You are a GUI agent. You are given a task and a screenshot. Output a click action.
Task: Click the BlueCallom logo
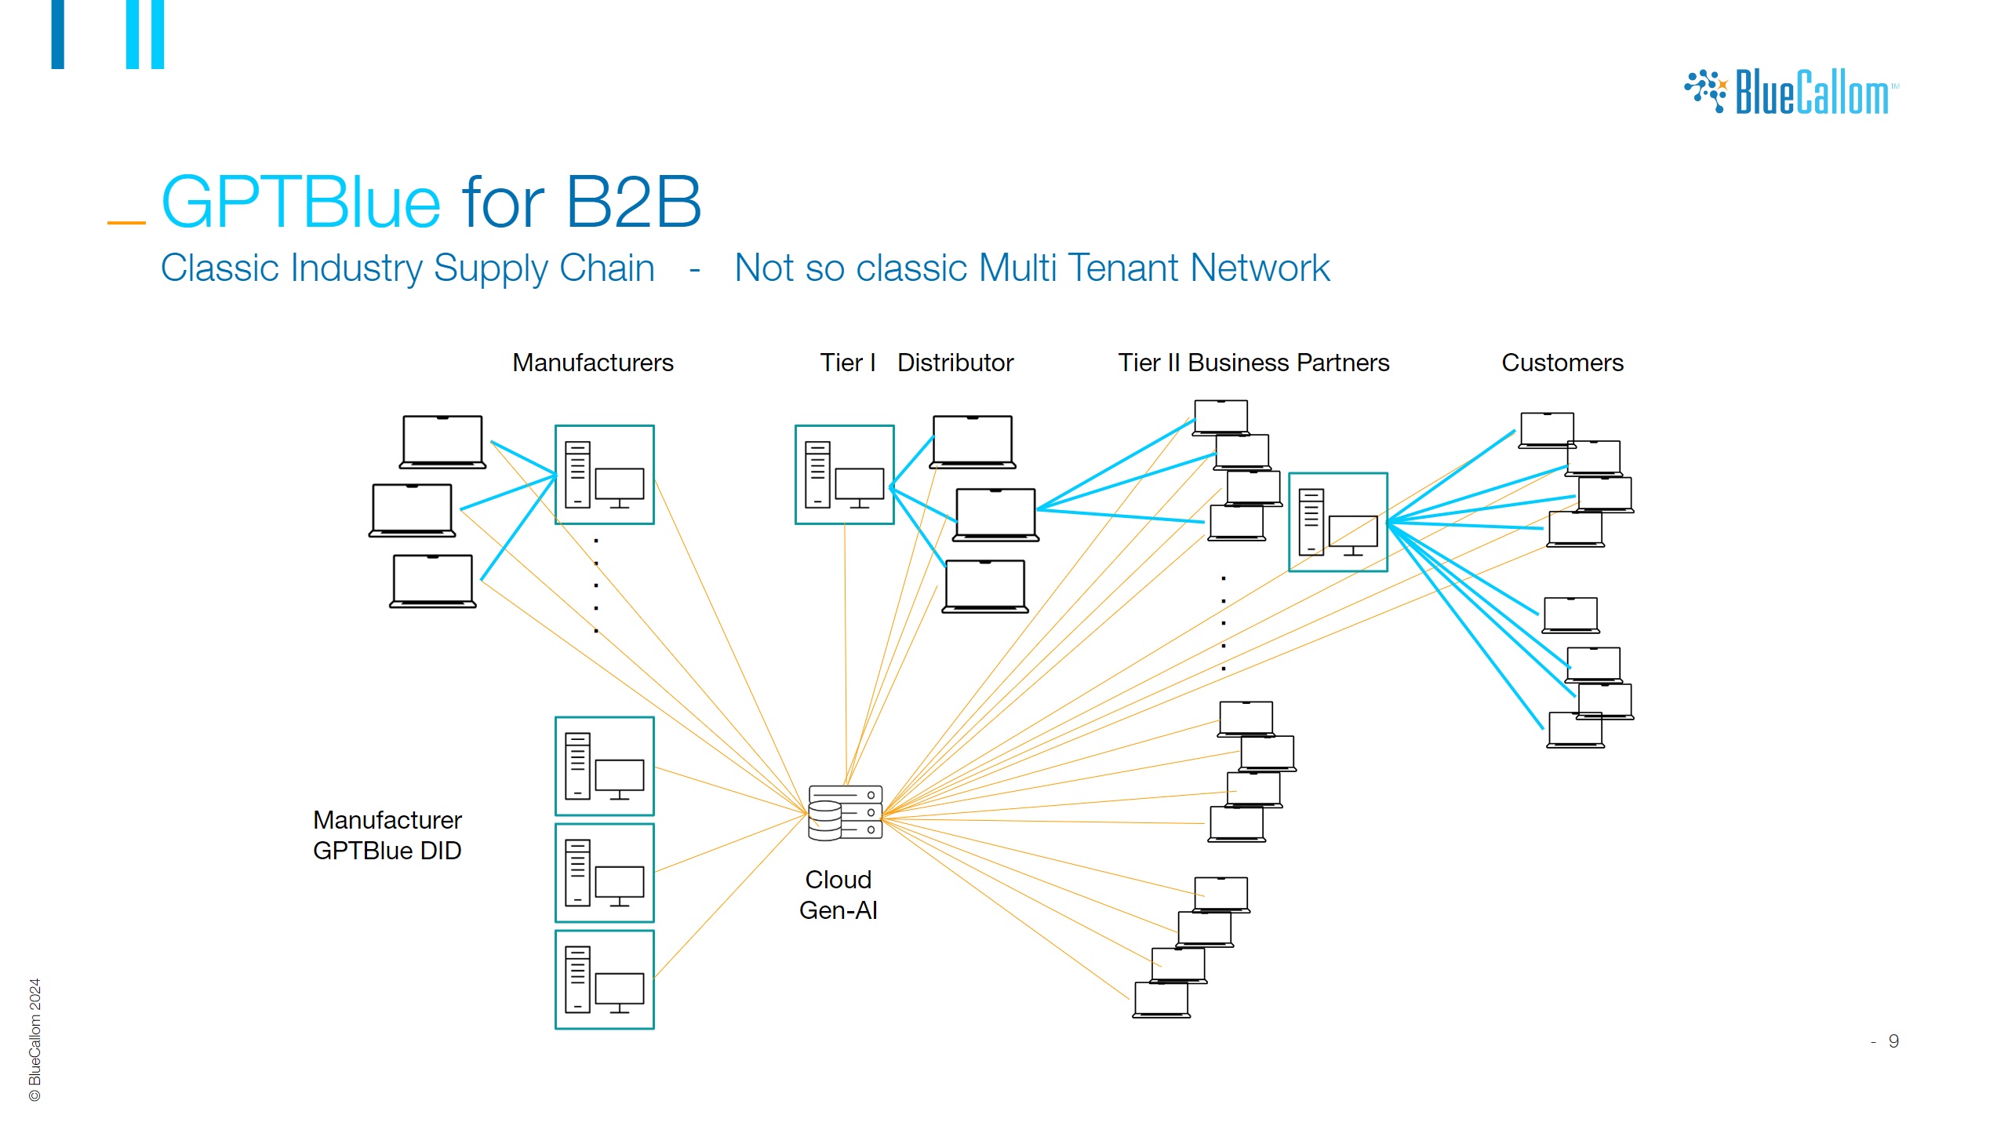pos(1792,93)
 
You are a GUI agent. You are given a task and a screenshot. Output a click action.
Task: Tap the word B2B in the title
pos(633,202)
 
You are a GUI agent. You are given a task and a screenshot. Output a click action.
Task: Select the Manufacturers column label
pos(592,363)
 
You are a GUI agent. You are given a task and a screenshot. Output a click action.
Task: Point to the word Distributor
pos(955,363)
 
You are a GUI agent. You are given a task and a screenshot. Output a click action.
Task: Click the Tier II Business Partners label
pos(1253,363)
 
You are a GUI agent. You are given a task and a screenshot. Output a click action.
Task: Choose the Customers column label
pos(1562,363)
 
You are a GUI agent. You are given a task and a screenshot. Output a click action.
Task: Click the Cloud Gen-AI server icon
pos(845,812)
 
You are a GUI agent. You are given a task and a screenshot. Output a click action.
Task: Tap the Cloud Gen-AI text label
pos(838,895)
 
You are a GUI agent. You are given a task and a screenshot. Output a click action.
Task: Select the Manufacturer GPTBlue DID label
pos(387,835)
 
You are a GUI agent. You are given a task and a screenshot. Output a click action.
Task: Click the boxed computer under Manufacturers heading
pos(604,475)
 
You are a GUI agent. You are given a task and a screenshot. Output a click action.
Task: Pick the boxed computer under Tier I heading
pos(844,475)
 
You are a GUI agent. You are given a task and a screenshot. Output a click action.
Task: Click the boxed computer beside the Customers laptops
pos(1337,522)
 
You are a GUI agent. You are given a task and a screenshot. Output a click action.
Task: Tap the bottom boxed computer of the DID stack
pos(604,979)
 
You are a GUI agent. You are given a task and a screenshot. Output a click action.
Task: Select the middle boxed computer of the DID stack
pos(604,873)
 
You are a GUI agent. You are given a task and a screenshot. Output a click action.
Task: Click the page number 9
pos(1893,1041)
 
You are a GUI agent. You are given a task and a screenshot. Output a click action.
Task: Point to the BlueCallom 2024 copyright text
pos(35,1039)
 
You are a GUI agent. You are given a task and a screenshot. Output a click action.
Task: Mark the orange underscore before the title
pos(126,223)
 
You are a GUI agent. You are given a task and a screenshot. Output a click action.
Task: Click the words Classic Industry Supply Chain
pos(407,268)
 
